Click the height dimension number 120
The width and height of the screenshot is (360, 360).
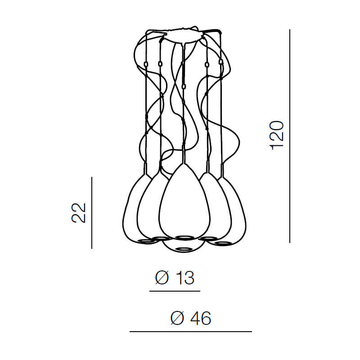click(x=277, y=135)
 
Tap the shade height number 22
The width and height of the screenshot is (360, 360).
click(x=78, y=213)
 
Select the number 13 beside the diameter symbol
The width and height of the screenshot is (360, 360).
click(x=185, y=278)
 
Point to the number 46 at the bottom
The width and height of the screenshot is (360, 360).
click(x=200, y=318)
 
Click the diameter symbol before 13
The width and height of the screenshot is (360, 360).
click(x=162, y=278)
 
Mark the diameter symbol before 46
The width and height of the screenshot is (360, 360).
click(x=177, y=318)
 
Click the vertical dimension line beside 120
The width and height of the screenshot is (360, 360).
click(x=290, y=136)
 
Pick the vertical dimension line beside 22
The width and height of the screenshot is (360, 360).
click(x=92, y=213)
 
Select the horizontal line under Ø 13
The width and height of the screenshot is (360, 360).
click(x=175, y=291)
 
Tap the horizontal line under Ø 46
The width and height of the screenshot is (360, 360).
click(x=191, y=332)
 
